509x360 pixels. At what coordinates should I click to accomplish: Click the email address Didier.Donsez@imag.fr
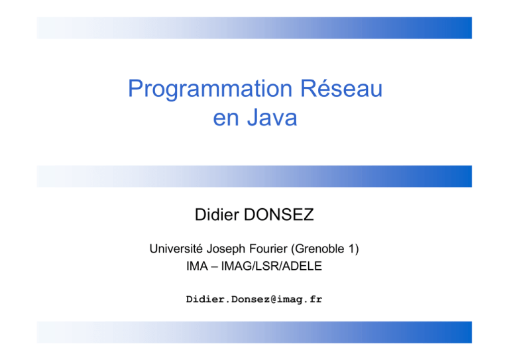click(254, 300)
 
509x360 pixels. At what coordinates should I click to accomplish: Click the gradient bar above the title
click(254, 28)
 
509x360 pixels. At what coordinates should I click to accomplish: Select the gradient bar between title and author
click(254, 176)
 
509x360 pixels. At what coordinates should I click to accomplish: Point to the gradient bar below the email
click(254, 332)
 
